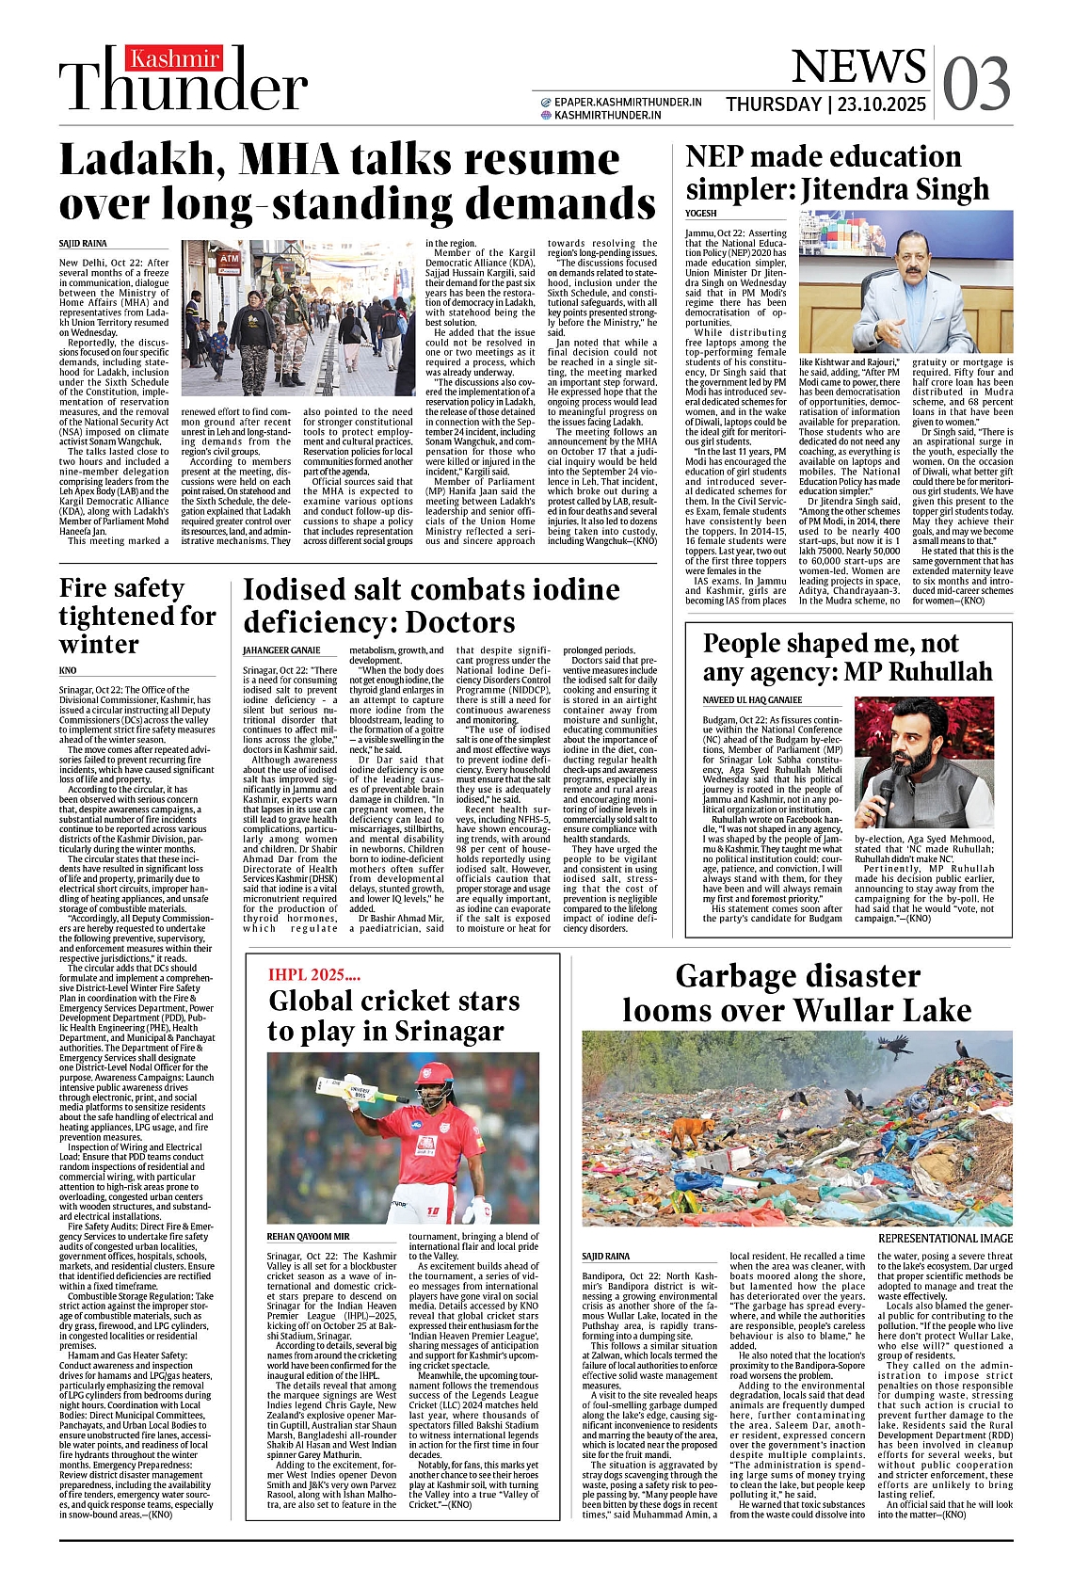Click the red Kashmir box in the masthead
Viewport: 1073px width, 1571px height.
[x=175, y=59]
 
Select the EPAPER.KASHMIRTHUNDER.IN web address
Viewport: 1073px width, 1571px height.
[x=628, y=102]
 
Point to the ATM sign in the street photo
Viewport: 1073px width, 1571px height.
[x=229, y=258]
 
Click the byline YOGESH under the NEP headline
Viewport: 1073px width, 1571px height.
[x=701, y=214]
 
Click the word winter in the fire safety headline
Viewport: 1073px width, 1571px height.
[x=99, y=645]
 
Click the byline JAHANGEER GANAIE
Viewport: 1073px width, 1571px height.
[x=281, y=650]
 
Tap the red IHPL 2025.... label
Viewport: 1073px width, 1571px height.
[x=314, y=975]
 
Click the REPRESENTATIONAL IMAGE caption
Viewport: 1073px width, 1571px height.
[x=945, y=1239]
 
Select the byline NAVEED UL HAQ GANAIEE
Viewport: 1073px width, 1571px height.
[x=752, y=700]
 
